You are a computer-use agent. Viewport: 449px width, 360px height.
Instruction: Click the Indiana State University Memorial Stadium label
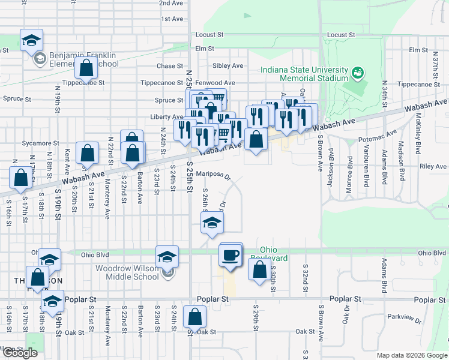[304, 74]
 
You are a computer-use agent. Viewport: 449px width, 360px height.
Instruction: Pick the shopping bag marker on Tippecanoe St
[86, 69]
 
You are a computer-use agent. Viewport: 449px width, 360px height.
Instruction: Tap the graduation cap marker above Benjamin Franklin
[32, 41]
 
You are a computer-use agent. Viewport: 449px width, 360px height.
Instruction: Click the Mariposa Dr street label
[214, 175]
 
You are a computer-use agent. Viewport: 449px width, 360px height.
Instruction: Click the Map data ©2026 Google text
[411, 355]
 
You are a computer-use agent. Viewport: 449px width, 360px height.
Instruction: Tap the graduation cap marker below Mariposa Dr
[212, 224]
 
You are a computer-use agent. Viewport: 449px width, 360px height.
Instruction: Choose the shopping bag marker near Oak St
[195, 317]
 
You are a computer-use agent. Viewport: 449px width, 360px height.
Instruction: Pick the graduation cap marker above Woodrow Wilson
[167, 257]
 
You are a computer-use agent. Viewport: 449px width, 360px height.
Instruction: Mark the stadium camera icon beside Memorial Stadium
[358, 73]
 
